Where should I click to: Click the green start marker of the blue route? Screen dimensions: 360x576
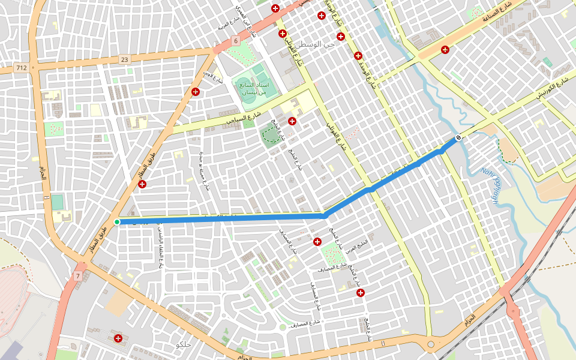click(117, 222)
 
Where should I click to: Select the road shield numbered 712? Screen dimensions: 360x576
click(22, 68)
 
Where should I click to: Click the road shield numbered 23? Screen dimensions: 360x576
click(124, 59)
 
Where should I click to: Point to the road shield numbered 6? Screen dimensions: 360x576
click(236, 41)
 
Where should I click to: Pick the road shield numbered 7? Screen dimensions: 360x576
click(78, 275)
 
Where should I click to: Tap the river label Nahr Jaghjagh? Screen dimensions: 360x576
click(490, 185)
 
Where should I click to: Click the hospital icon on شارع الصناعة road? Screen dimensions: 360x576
click(445, 50)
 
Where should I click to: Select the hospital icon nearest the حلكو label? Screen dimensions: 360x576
click(118, 340)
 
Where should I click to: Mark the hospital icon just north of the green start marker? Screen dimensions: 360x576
click(142, 184)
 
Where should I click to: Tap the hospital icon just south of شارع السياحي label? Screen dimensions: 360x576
click(292, 121)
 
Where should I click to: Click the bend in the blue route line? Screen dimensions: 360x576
click(325, 215)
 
